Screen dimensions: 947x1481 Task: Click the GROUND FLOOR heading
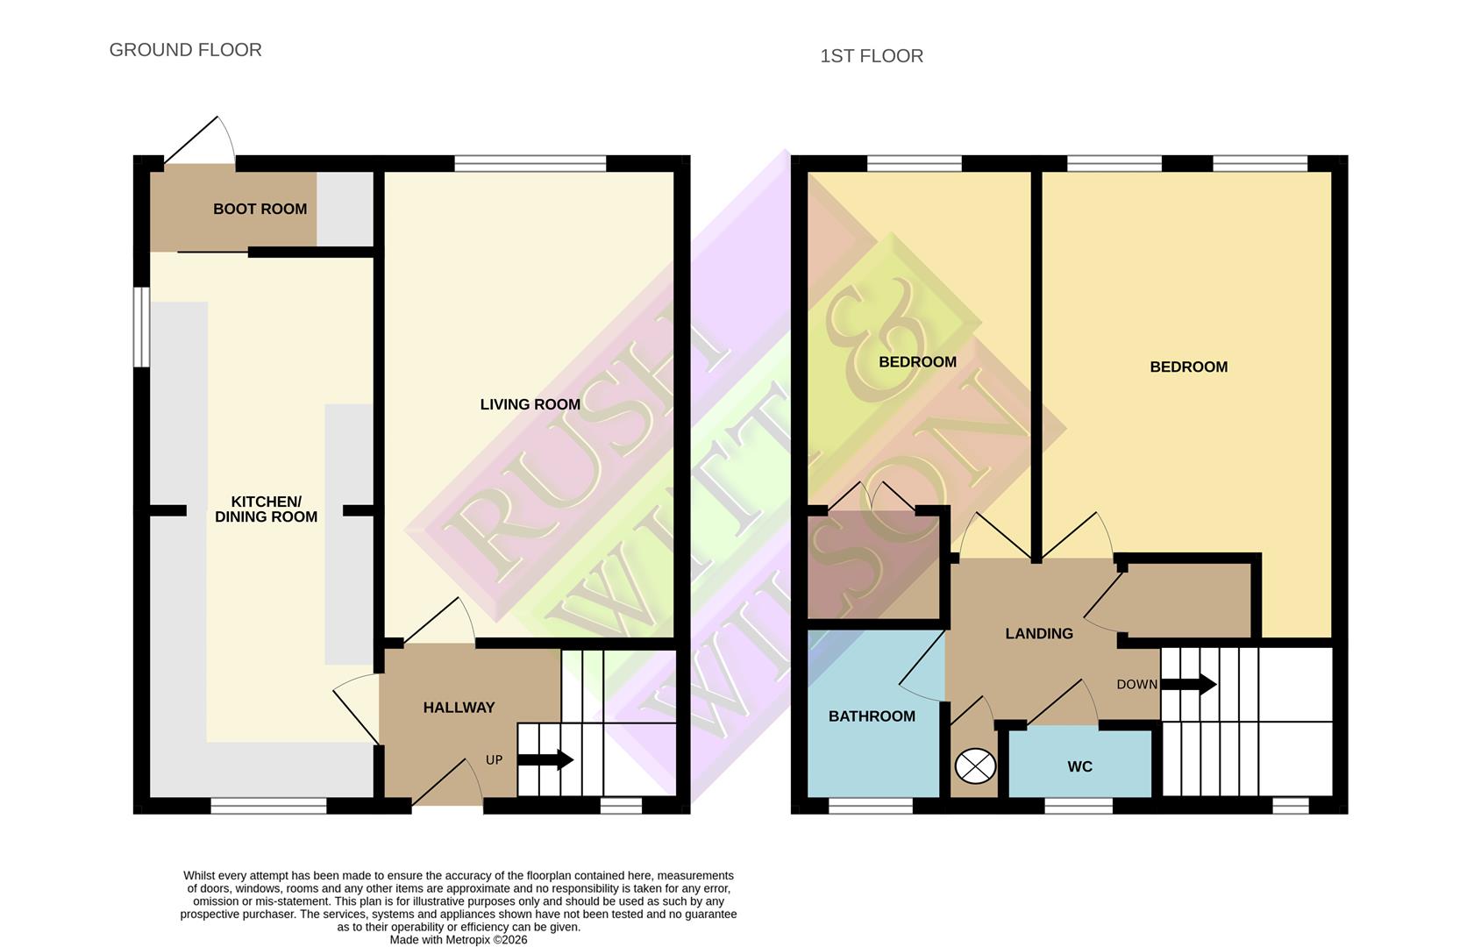coord(185,50)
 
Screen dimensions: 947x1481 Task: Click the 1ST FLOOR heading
coord(871,56)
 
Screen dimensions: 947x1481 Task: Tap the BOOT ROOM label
coord(260,209)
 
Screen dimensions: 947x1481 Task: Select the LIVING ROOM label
coord(530,404)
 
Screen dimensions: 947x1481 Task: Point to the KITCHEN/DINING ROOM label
coord(266,509)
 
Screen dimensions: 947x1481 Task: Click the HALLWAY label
coord(459,708)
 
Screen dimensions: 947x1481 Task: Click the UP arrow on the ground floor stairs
coord(545,759)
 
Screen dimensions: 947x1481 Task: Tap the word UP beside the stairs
coord(494,760)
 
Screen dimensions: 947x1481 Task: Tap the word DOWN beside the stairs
coord(1136,685)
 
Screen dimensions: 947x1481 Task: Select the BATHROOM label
coord(872,716)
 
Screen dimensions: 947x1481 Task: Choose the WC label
coord(1079,767)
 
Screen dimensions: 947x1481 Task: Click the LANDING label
coord(1038,634)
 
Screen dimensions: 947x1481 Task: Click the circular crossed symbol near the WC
coord(975,767)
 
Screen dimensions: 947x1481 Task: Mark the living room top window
coord(530,163)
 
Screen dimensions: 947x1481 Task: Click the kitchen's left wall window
coord(140,327)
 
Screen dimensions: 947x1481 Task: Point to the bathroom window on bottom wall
coord(870,806)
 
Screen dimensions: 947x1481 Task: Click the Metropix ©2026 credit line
coord(458,940)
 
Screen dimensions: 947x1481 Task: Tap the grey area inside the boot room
coord(345,209)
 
